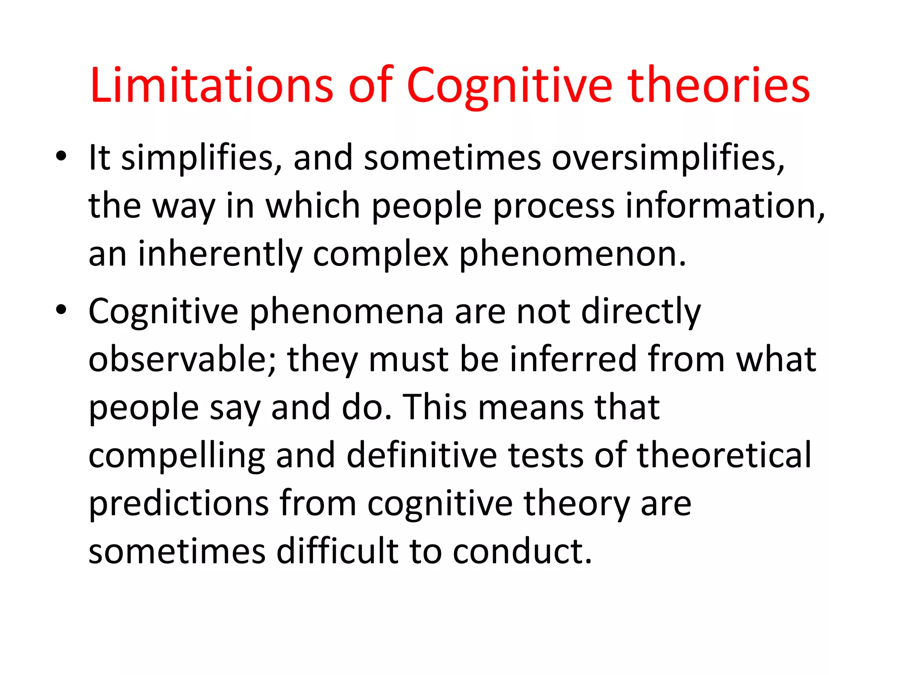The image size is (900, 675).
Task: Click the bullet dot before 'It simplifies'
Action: pos(61,156)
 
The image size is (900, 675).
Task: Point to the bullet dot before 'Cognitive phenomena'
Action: pos(61,310)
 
